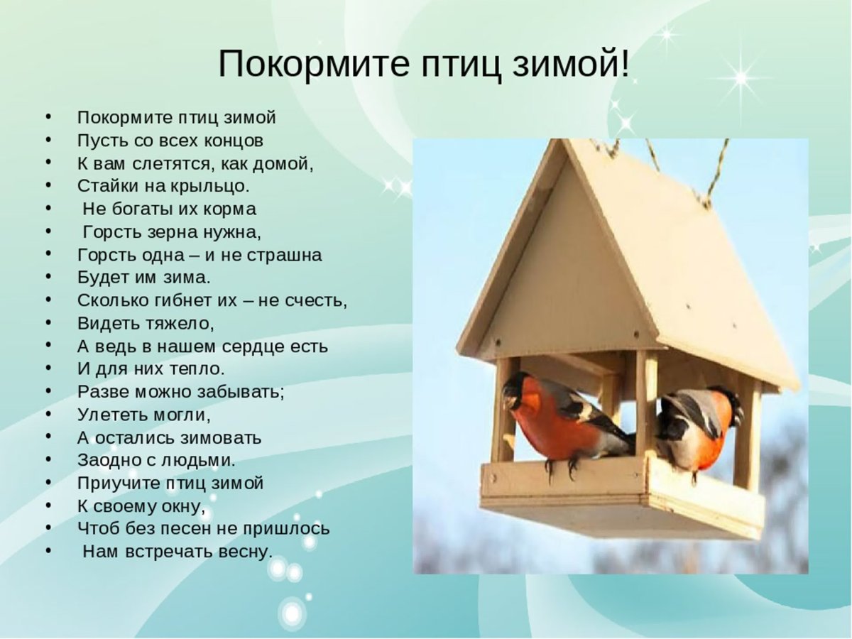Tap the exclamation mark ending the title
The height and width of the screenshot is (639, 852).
(625, 65)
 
